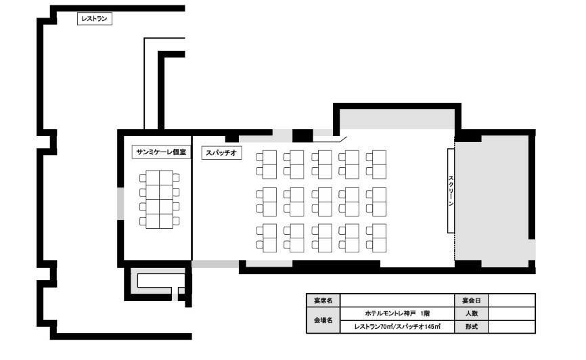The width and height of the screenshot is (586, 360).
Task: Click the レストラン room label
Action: click(x=95, y=19)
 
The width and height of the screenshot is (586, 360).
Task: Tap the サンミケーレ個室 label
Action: click(x=161, y=152)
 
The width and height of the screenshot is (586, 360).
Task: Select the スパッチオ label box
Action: click(x=222, y=153)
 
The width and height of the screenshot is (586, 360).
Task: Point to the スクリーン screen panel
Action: click(x=451, y=191)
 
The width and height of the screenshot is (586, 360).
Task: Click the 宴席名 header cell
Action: click(x=323, y=300)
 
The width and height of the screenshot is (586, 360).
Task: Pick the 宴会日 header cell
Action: click(x=471, y=300)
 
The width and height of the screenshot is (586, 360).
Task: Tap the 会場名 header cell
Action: click(x=323, y=320)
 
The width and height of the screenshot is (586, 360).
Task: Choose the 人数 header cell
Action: click(x=471, y=313)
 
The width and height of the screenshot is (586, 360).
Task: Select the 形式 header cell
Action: click(x=471, y=327)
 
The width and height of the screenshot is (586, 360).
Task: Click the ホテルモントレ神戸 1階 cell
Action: click(x=397, y=313)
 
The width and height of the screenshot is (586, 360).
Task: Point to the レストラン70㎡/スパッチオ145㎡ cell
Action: click(x=397, y=327)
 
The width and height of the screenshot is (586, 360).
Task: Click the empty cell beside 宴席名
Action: click(x=397, y=300)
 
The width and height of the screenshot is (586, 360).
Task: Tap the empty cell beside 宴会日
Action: click(x=512, y=300)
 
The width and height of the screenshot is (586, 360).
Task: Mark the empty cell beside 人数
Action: click(x=512, y=313)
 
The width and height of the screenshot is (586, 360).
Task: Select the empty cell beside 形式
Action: click(x=512, y=327)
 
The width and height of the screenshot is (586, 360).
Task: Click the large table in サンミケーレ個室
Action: click(x=160, y=199)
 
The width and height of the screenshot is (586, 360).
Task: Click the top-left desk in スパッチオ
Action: click(x=269, y=164)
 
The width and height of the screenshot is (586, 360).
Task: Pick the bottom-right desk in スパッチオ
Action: click(x=379, y=238)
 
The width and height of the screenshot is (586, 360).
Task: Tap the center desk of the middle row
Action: click(x=324, y=202)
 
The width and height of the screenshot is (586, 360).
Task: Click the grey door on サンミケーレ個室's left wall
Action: click(x=120, y=204)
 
